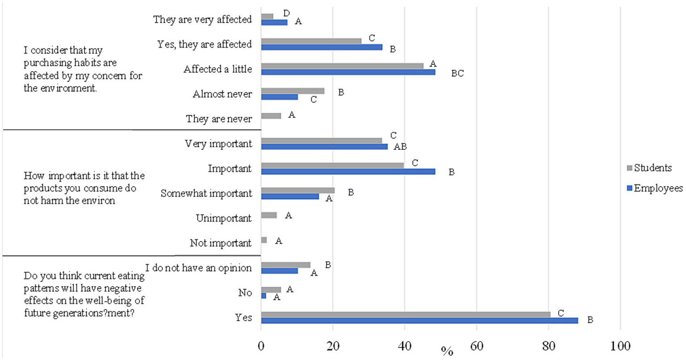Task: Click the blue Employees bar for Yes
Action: point(419,321)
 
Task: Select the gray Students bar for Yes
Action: point(405,314)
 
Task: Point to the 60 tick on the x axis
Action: point(476,346)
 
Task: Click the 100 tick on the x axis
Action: point(620,346)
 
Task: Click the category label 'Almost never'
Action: point(222,94)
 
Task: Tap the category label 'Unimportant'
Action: point(223,218)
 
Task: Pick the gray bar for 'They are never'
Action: point(271,116)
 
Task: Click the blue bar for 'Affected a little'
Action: point(348,72)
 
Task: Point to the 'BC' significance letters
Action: point(457,74)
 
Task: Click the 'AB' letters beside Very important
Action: point(400,147)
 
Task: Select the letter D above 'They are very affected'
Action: point(286,14)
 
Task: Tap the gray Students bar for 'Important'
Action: point(332,165)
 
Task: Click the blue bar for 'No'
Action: point(264,296)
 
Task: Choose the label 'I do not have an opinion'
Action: point(198,268)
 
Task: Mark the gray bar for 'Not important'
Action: point(264,240)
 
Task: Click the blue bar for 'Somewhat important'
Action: point(290,196)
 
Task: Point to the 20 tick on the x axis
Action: point(332,346)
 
